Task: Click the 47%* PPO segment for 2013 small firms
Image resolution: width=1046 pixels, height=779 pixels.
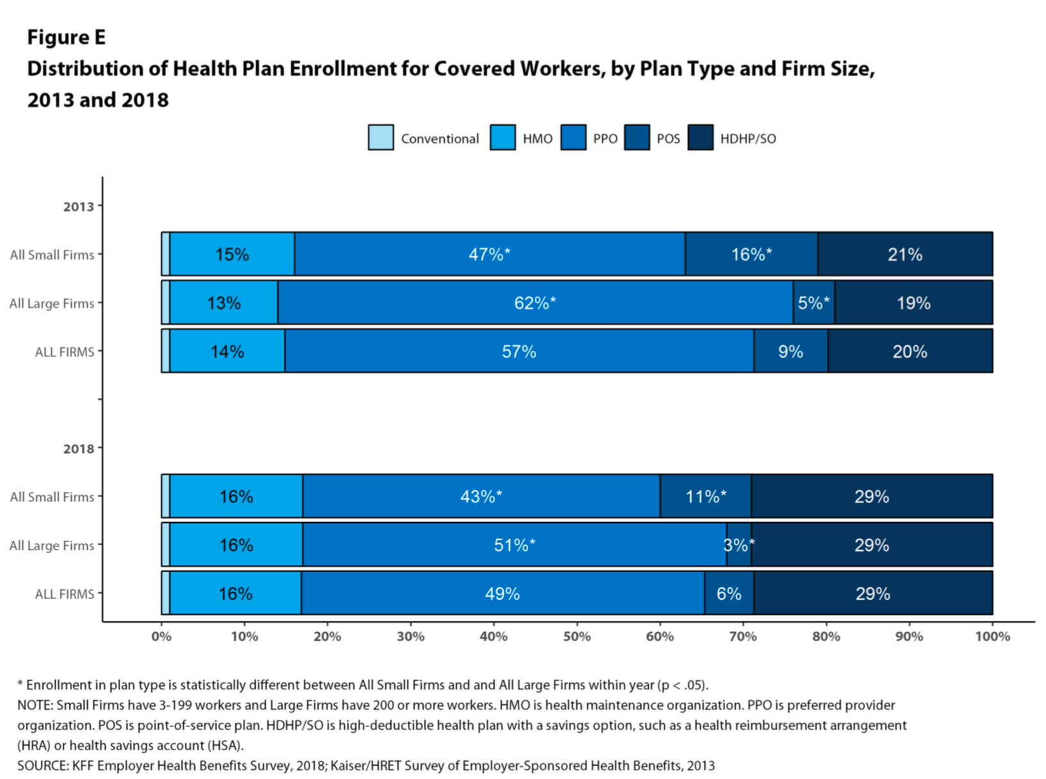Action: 490,254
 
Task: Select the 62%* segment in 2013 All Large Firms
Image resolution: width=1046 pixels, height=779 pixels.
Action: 535,303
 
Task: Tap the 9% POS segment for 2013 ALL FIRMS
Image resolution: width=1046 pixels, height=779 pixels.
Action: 790,352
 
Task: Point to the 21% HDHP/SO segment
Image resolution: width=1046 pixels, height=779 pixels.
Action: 905,254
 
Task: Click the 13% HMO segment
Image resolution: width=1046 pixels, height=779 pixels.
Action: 224,303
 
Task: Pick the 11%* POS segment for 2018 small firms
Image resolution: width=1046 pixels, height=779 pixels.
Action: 706,496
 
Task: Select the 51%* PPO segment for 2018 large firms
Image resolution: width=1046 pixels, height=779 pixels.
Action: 515,545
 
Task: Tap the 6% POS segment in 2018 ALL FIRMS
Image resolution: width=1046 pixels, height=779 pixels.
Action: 729,594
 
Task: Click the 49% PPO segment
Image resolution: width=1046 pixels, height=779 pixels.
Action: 502,594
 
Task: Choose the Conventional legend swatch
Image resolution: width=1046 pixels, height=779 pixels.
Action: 381,138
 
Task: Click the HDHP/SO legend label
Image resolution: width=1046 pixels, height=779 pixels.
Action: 747,139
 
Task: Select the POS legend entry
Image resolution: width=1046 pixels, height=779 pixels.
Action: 668,139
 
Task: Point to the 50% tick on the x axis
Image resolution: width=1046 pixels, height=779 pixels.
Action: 577,636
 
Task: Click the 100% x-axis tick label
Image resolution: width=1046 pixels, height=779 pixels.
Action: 992,636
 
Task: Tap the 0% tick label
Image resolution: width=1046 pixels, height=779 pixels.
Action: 162,636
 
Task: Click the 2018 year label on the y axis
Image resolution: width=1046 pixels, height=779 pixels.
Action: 78,448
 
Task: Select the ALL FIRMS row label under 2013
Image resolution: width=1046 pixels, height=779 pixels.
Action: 64,352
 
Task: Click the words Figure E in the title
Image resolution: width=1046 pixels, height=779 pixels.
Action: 66,38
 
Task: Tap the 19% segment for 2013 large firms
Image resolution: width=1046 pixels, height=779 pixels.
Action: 913,303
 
